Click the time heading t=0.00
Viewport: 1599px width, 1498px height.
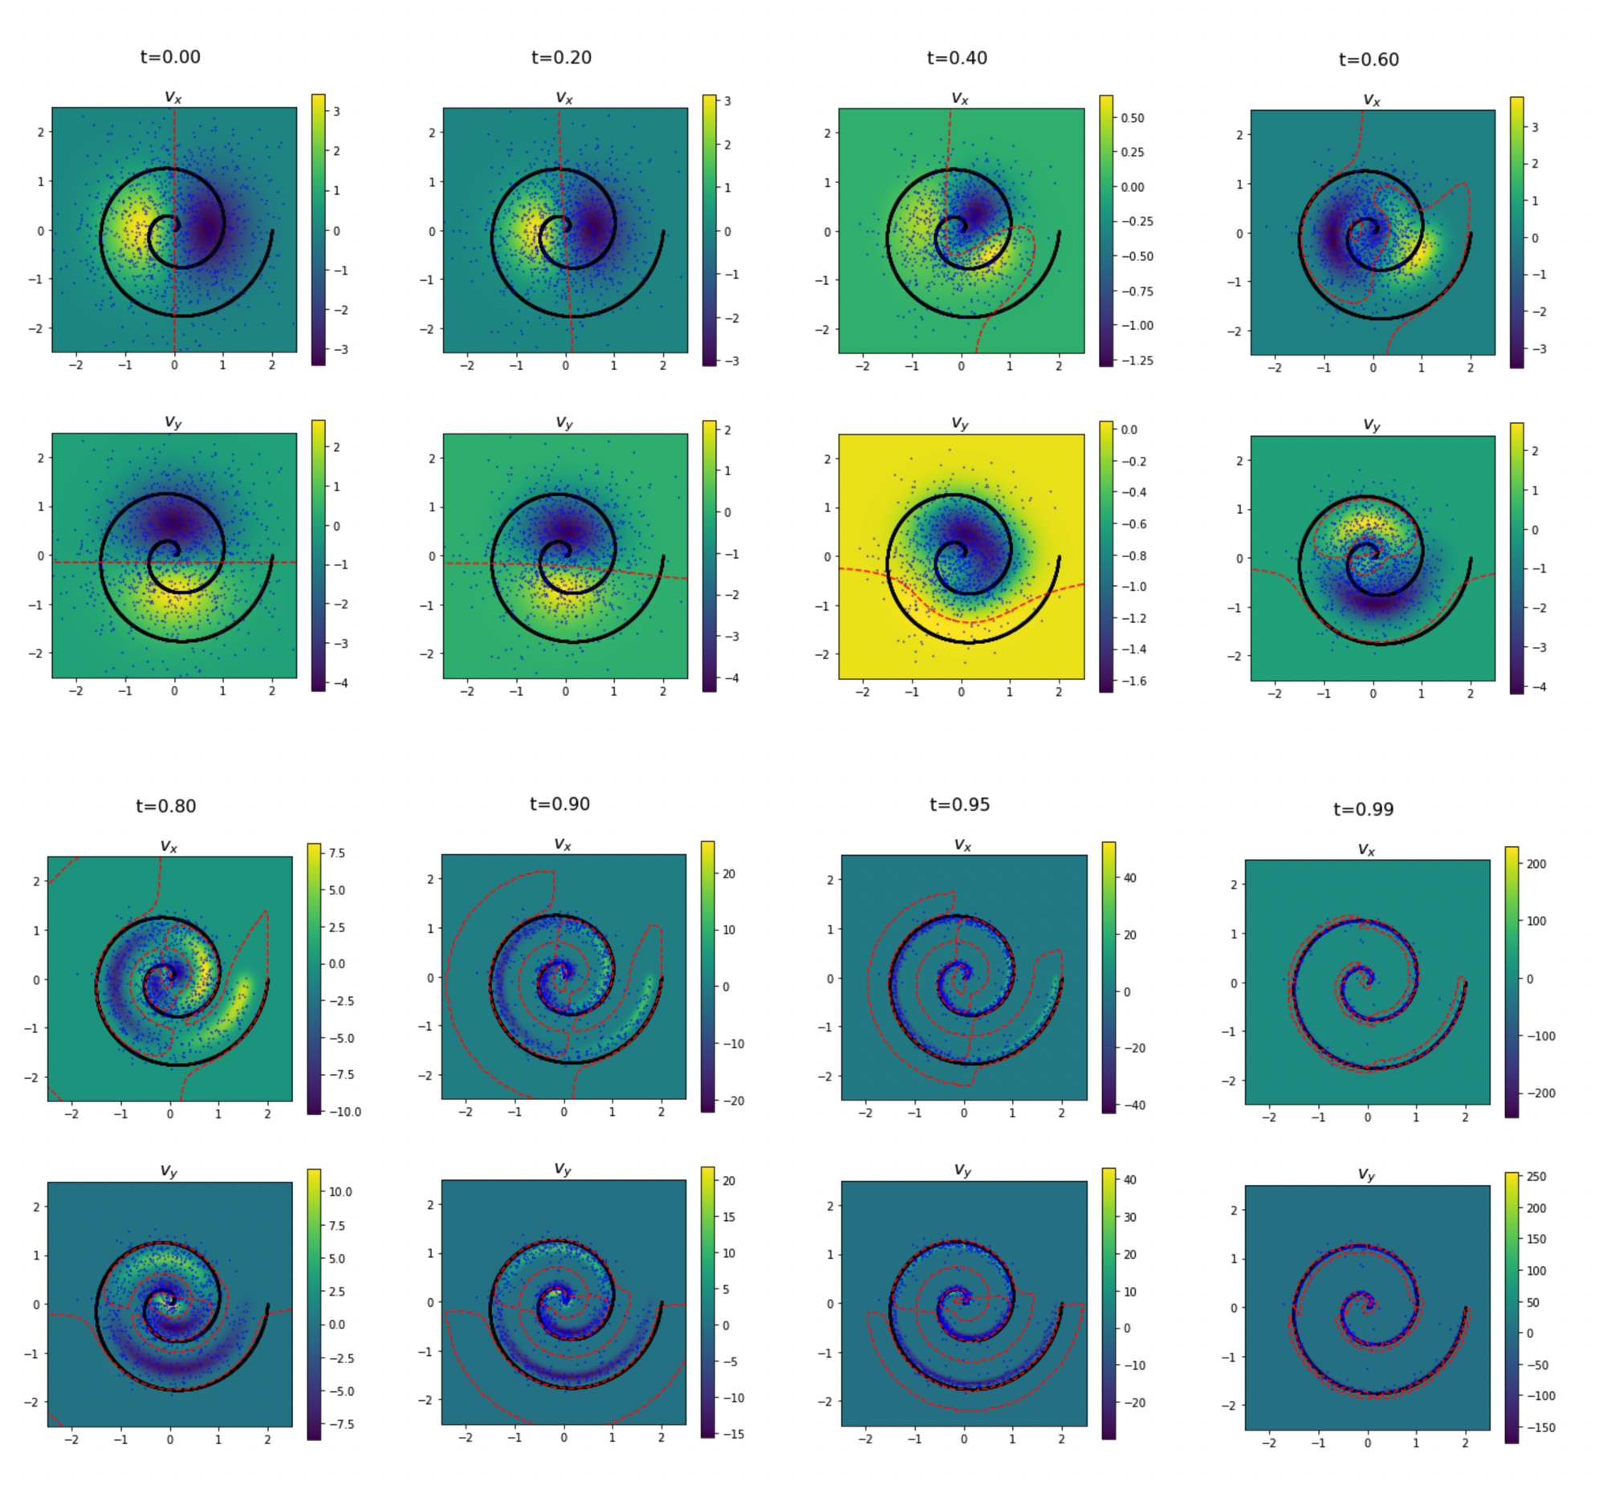pyautogui.click(x=169, y=57)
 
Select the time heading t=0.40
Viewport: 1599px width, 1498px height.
pyautogui.click(x=956, y=58)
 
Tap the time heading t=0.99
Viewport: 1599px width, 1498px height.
pyautogui.click(x=1363, y=809)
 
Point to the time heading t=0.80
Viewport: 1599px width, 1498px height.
pyautogui.click(x=165, y=806)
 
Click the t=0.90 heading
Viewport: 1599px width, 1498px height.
pyautogui.click(x=559, y=804)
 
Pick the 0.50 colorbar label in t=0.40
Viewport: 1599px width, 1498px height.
pyautogui.click(x=1133, y=118)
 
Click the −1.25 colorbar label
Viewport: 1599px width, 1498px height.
pyautogui.click(x=1137, y=360)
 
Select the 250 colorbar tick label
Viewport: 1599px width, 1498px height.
pyautogui.click(x=1536, y=1176)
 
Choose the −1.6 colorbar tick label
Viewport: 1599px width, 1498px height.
pyautogui.click(x=1132, y=682)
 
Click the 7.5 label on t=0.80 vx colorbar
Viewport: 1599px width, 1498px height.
pyautogui.click(x=337, y=853)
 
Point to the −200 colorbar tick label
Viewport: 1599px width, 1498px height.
pyautogui.click(x=1540, y=1093)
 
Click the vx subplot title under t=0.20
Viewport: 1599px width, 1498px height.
pyautogui.click(x=564, y=98)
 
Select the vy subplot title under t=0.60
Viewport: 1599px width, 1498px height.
pyautogui.click(x=1371, y=424)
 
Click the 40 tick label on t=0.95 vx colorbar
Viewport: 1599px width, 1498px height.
pyautogui.click(x=1130, y=877)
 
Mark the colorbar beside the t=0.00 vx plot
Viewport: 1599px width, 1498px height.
pyautogui.click(x=319, y=230)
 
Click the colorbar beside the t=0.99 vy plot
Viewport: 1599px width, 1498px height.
pyautogui.click(x=1512, y=1307)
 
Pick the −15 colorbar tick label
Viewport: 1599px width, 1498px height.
pyautogui.click(x=733, y=1434)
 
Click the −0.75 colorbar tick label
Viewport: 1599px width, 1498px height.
pyautogui.click(x=1137, y=291)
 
